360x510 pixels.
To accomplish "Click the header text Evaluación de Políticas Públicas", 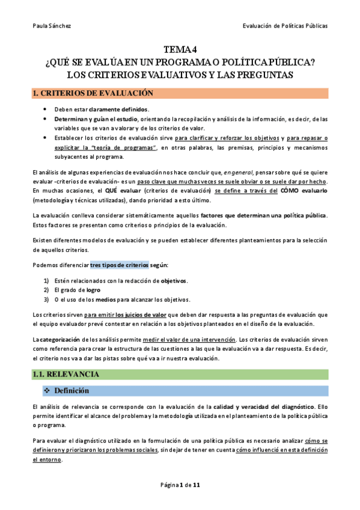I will coord(285,25).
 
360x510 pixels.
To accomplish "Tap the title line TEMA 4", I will coord(180,51).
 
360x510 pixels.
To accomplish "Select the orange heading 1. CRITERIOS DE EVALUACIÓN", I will coord(93,93).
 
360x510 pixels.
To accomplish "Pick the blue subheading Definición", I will coord(72,391).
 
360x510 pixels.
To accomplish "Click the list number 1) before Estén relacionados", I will coord(46,281).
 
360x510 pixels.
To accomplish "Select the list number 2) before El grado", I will coord(46,290).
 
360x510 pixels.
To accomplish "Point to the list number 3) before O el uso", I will coord(46,300).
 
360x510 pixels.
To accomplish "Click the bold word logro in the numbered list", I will coord(93,290).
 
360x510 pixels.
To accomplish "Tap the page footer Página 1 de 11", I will coord(180,485).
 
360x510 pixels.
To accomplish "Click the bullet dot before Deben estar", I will coord(46,109).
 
